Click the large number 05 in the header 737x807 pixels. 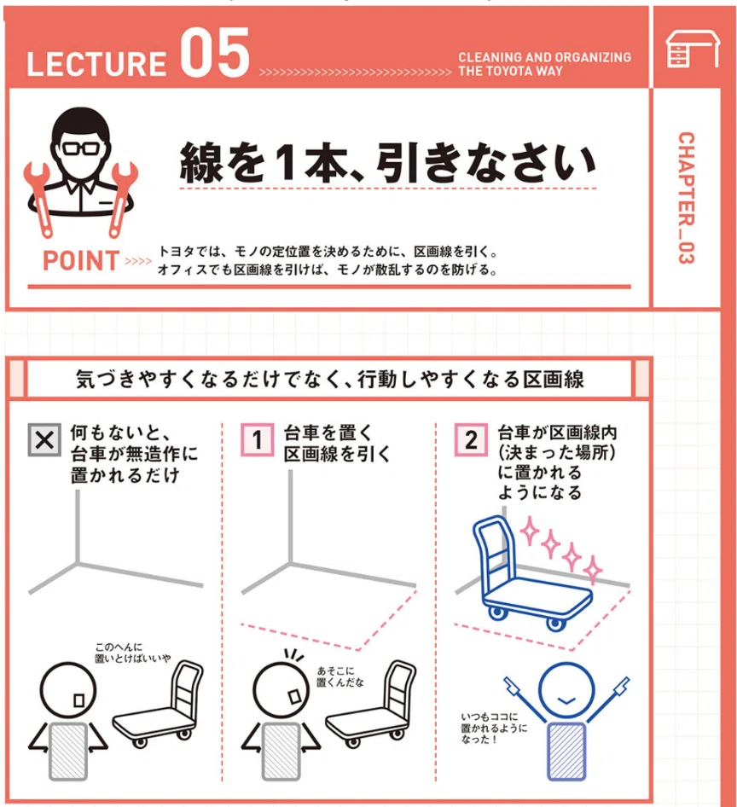click(x=215, y=53)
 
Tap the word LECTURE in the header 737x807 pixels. click(x=96, y=63)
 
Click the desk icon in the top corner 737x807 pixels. click(x=693, y=49)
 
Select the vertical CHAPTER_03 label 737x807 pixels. click(x=686, y=198)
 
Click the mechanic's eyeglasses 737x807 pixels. click(x=81, y=148)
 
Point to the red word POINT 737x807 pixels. click(x=81, y=260)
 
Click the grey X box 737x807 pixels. click(x=44, y=440)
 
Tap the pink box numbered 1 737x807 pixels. click(x=258, y=439)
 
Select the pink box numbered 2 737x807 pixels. click(x=470, y=439)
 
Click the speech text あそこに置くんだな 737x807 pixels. click(x=339, y=676)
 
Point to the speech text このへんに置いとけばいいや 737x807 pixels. click(x=132, y=653)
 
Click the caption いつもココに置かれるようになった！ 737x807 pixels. click(x=494, y=728)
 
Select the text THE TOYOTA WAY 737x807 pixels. click(x=511, y=71)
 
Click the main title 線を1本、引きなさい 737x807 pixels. click(x=387, y=164)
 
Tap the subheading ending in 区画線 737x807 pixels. click(x=329, y=380)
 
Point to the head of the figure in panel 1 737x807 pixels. click(x=281, y=690)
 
